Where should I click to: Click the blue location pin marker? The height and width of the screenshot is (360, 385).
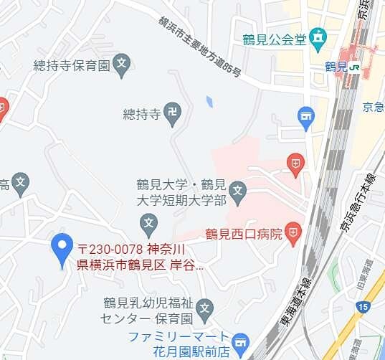[x=62, y=248]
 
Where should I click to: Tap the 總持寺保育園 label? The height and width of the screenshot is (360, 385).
[x=71, y=65]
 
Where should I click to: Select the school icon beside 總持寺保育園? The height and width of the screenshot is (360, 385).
[x=122, y=64]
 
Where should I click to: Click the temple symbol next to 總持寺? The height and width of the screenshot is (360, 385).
[x=172, y=112]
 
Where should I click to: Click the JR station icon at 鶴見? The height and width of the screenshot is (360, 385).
[x=353, y=67]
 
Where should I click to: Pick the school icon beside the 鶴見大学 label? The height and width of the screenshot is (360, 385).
[x=238, y=191]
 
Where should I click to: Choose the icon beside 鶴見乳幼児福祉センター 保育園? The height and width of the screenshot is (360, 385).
[x=205, y=310]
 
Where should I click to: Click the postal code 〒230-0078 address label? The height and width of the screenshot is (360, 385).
[x=141, y=257]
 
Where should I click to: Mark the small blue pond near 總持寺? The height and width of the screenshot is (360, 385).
[x=209, y=101]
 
